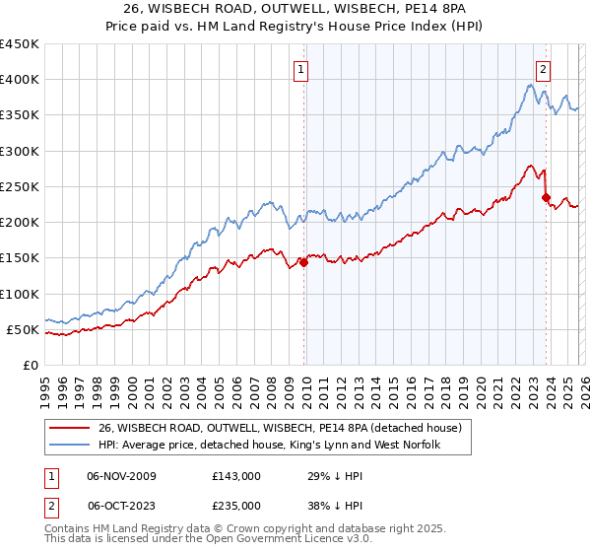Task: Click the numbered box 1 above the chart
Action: (x=299, y=69)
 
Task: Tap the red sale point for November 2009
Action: (x=303, y=262)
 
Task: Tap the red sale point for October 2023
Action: (x=546, y=197)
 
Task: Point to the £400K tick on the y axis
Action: (x=20, y=80)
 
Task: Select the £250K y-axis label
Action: (x=20, y=186)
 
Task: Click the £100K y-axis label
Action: (x=20, y=294)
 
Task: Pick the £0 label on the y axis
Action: (x=30, y=365)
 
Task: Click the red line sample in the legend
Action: (x=69, y=427)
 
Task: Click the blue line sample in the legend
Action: (x=69, y=446)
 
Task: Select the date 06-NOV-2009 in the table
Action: (x=121, y=476)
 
